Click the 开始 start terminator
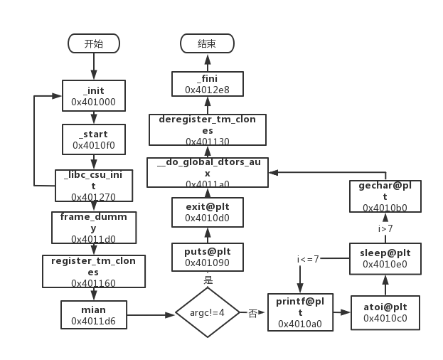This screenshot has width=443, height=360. [93, 43]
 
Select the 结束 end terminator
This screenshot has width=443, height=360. [207, 43]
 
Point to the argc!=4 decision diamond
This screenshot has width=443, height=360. [208, 313]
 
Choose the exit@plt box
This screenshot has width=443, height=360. [208, 213]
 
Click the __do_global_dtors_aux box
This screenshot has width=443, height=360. [208, 173]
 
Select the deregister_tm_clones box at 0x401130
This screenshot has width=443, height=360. [208, 129]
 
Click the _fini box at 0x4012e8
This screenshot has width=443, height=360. [208, 84]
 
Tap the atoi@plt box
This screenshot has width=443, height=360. [385, 312]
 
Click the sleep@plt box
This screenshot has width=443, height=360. [385, 258]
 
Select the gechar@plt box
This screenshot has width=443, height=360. [385, 196]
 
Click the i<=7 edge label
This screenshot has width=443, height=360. [308, 259]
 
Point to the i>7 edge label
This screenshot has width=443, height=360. [385, 228]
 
